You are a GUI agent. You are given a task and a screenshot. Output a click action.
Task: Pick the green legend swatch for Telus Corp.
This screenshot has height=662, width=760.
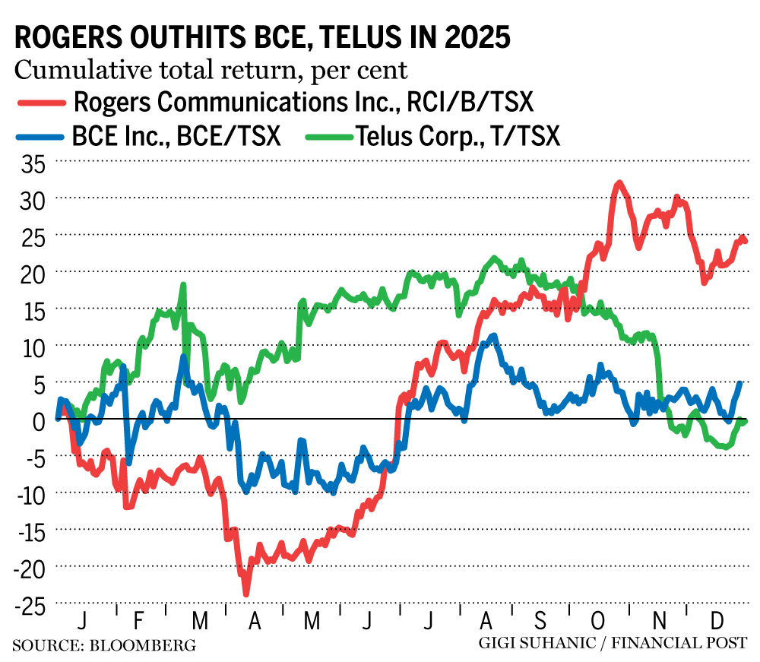pos(328,137)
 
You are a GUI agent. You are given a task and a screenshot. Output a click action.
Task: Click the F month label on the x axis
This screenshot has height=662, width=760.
pos(138,621)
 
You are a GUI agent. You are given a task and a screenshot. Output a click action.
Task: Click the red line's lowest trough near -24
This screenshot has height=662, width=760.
pos(246,594)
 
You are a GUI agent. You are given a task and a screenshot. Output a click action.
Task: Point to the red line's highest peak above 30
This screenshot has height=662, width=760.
pos(619,183)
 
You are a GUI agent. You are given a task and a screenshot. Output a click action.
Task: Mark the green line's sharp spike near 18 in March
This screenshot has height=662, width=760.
pos(183,285)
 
